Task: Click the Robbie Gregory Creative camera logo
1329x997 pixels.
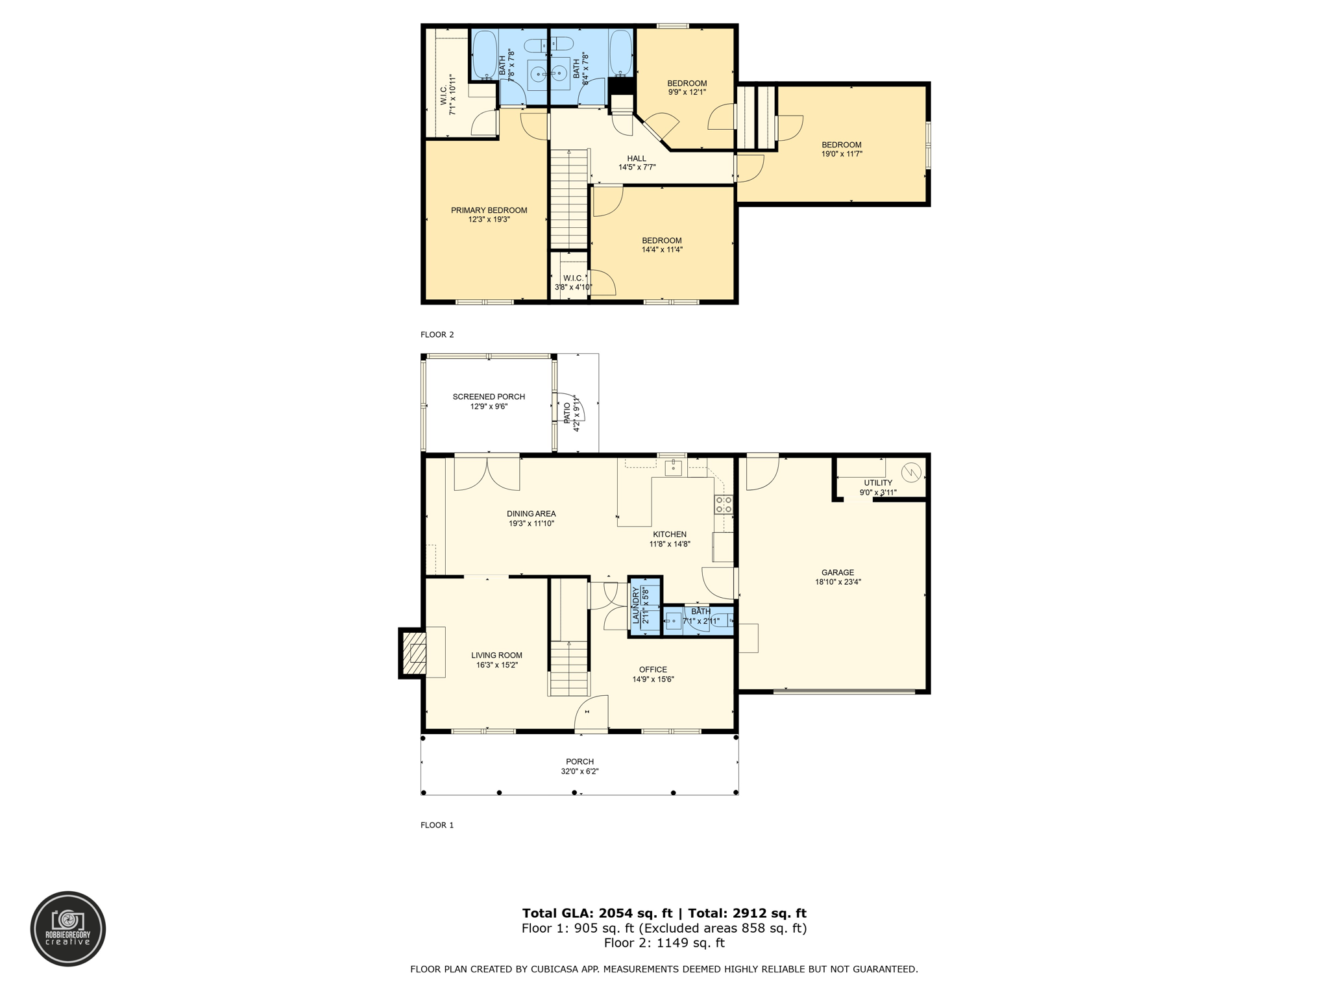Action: pyautogui.click(x=68, y=929)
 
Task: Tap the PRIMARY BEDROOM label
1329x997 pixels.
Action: pyautogui.click(x=489, y=210)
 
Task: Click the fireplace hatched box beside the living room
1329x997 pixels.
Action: pyautogui.click(x=413, y=653)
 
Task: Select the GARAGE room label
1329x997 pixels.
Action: pyautogui.click(x=838, y=572)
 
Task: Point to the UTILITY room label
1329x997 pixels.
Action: pyautogui.click(x=878, y=483)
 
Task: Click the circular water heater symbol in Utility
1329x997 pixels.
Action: pyautogui.click(x=911, y=472)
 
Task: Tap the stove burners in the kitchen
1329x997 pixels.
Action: pyautogui.click(x=724, y=505)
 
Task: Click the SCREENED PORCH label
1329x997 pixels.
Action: pyautogui.click(x=489, y=397)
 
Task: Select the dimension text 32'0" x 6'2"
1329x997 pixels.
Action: pyautogui.click(x=579, y=772)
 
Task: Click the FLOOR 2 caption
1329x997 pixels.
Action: pyautogui.click(x=437, y=335)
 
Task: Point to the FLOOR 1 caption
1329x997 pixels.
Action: pyautogui.click(x=437, y=826)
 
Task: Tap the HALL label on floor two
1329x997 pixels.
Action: pyautogui.click(x=637, y=158)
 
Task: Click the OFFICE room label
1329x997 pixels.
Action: pyautogui.click(x=653, y=670)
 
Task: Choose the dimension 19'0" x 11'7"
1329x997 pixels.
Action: pyautogui.click(x=842, y=154)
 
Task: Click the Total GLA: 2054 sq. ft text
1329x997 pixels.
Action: pyautogui.click(x=598, y=913)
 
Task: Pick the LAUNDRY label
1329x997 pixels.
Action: pyautogui.click(x=636, y=605)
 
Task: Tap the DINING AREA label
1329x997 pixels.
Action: pyautogui.click(x=531, y=514)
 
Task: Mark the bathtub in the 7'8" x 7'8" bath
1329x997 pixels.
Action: pyautogui.click(x=483, y=55)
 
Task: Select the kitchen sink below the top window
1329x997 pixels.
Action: pyautogui.click(x=674, y=467)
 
